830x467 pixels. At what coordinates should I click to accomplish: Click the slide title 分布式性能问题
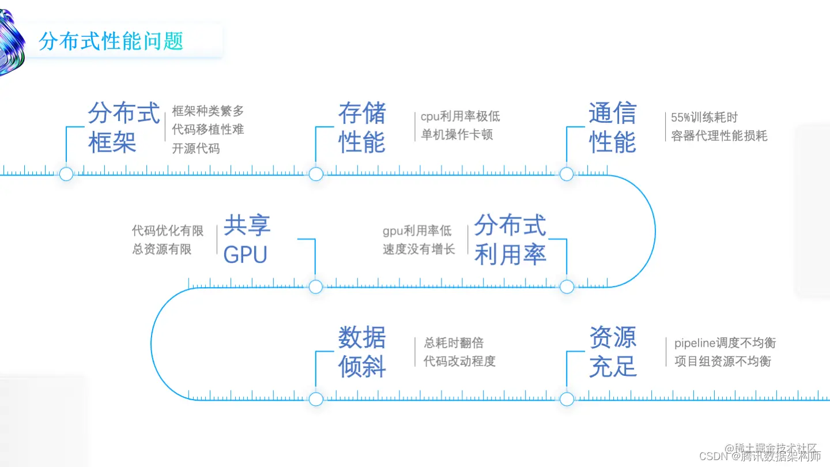pyautogui.click(x=111, y=41)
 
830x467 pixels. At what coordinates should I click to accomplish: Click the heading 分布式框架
pyautogui.click(x=123, y=128)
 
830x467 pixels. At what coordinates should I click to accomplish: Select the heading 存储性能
pyautogui.click(x=362, y=128)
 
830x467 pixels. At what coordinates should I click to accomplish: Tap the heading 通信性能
pyautogui.click(x=612, y=128)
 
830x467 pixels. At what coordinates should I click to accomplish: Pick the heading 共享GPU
pyautogui.click(x=247, y=240)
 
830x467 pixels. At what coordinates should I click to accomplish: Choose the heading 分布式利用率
pyautogui.click(x=510, y=240)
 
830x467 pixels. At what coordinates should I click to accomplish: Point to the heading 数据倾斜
pyautogui.click(x=362, y=352)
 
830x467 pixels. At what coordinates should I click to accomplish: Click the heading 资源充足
pyautogui.click(x=612, y=352)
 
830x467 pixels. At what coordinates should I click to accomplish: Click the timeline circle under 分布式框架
pyautogui.click(x=66, y=174)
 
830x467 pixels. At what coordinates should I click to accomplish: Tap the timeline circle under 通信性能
pyautogui.click(x=567, y=174)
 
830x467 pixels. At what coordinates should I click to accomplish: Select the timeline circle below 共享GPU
pyautogui.click(x=316, y=287)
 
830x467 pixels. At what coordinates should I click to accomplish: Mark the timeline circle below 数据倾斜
pyautogui.click(x=316, y=399)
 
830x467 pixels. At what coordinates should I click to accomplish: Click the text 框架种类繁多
pyautogui.click(x=208, y=111)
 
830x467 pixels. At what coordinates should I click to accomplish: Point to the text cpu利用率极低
pyautogui.click(x=460, y=116)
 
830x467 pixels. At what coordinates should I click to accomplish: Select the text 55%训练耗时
pyautogui.click(x=704, y=118)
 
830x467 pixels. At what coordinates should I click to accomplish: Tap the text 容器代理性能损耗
pyautogui.click(x=719, y=136)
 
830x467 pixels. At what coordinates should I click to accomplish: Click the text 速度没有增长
pyautogui.click(x=419, y=249)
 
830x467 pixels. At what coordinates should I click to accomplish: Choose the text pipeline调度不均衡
pyautogui.click(x=725, y=343)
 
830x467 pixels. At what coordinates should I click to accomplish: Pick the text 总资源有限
pyautogui.click(x=162, y=249)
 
